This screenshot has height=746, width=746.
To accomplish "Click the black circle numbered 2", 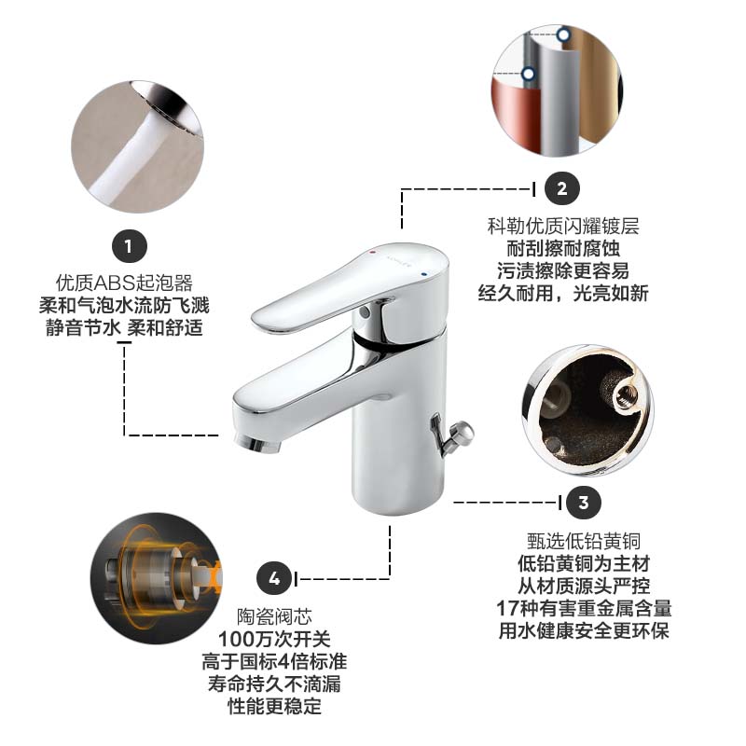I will pyautogui.click(x=561, y=188).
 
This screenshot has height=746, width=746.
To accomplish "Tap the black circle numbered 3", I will pyautogui.click(x=584, y=503).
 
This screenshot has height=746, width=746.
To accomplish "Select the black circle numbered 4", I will pyautogui.click(x=274, y=578).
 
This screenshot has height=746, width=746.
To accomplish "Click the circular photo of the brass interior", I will pyautogui.click(x=587, y=408).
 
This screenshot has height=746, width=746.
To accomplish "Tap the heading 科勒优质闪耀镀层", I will pyautogui.click(x=562, y=227).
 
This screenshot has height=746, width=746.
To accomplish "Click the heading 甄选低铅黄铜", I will pyautogui.click(x=583, y=541).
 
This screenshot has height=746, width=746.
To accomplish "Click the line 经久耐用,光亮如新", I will pyautogui.click(x=562, y=294).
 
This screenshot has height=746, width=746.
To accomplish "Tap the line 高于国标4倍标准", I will pyautogui.click(x=274, y=661).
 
